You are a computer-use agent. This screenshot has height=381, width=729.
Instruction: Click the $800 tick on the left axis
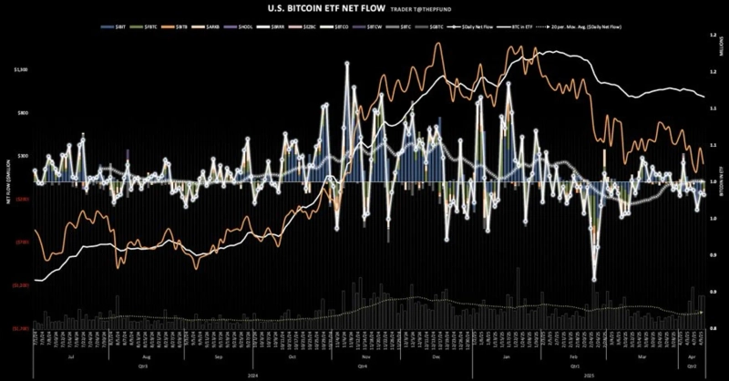tap(23, 112)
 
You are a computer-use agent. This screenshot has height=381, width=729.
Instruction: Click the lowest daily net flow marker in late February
tap(594, 280)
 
